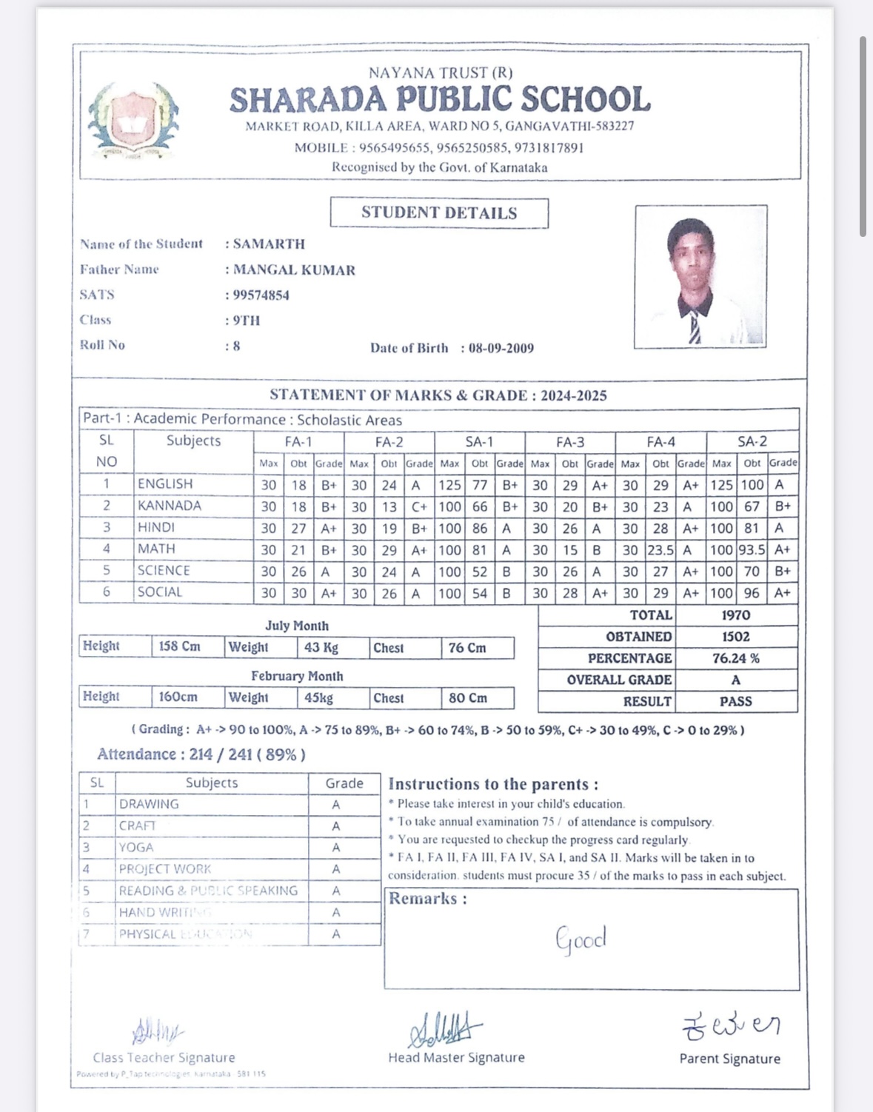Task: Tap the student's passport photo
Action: (x=700, y=276)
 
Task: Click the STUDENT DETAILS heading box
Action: (x=439, y=213)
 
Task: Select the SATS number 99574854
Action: (x=261, y=295)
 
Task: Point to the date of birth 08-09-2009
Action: (x=501, y=348)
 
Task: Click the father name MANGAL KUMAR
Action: (x=294, y=270)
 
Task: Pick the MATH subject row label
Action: (x=156, y=549)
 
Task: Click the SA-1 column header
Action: (x=479, y=442)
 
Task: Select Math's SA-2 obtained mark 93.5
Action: (x=752, y=550)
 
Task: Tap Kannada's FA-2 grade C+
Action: (x=419, y=507)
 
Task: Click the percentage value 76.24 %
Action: (x=735, y=658)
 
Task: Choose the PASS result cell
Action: (x=735, y=701)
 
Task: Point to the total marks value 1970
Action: (x=735, y=615)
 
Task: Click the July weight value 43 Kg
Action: (x=321, y=648)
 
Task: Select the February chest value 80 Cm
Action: (x=467, y=698)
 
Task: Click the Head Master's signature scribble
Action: (x=444, y=1029)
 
